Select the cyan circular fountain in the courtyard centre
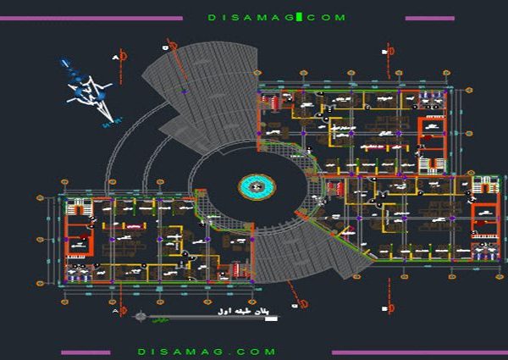coord(257,186)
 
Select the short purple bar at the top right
coord(429,18)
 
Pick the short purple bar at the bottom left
coord(86,352)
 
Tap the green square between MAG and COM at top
coord(298,17)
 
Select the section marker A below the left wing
coord(119,313)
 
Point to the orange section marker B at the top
coord(387,52)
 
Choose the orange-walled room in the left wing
coord(80,242)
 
